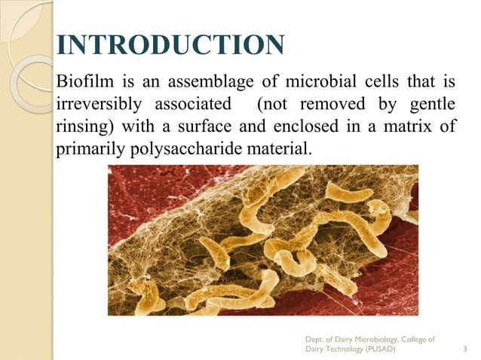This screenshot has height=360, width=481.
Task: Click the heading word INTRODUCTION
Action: point(170,44)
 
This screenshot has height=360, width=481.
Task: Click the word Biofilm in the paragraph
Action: point(82,79)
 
